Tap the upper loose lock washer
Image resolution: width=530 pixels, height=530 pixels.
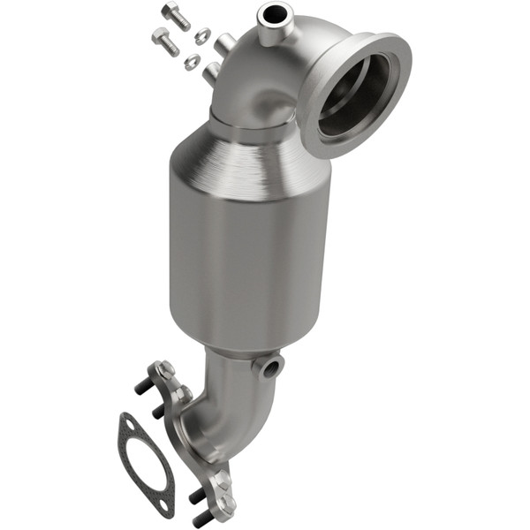pos(202,36)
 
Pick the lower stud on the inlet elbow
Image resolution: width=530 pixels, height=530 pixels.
pos(211,72)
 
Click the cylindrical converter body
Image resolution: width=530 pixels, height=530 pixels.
pos(250,252)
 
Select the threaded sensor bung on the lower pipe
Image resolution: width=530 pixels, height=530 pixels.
pos(269,365)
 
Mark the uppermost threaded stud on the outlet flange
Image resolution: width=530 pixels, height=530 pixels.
pos(142,387)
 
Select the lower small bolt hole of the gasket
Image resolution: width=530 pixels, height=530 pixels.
pos(163,502)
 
